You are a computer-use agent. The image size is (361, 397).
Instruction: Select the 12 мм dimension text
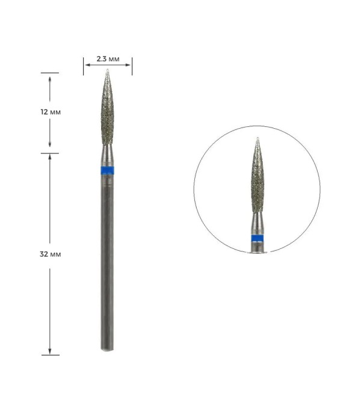49,112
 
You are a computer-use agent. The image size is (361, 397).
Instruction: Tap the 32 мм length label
49,254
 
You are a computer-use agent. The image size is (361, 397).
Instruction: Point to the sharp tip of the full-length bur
107,72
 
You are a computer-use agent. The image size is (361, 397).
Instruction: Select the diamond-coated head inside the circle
257,180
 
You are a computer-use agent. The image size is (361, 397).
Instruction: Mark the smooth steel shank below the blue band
106,259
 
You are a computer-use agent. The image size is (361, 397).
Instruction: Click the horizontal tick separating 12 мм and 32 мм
49,153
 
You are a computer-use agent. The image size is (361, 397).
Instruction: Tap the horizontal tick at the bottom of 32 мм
49,355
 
